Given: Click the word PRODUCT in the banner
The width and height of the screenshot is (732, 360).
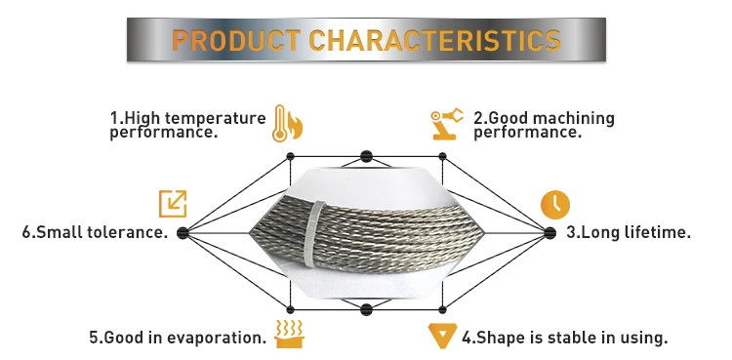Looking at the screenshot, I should pos(236,40).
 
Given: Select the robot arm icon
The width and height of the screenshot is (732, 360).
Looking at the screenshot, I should pos(446,124).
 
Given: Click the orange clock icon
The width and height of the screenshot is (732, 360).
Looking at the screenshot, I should pos(554,203).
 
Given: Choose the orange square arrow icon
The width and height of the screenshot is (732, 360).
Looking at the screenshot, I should pos(173,203).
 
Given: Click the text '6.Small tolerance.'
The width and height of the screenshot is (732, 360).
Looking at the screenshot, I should pos(95,233).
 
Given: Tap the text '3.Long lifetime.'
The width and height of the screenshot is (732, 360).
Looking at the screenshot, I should pos(629,233).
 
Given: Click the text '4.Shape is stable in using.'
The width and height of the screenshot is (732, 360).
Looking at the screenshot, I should pos(564,339).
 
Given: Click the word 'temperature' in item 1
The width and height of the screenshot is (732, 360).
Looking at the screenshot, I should pos(216,118).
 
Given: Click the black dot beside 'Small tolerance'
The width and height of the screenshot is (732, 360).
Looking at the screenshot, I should pos(183,232).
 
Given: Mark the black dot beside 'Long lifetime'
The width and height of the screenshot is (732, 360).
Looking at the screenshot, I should pos(549,232).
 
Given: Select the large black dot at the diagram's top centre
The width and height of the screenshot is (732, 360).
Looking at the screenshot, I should pos(366,155).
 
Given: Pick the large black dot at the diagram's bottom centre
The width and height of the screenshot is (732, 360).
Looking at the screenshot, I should pos(366,310).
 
